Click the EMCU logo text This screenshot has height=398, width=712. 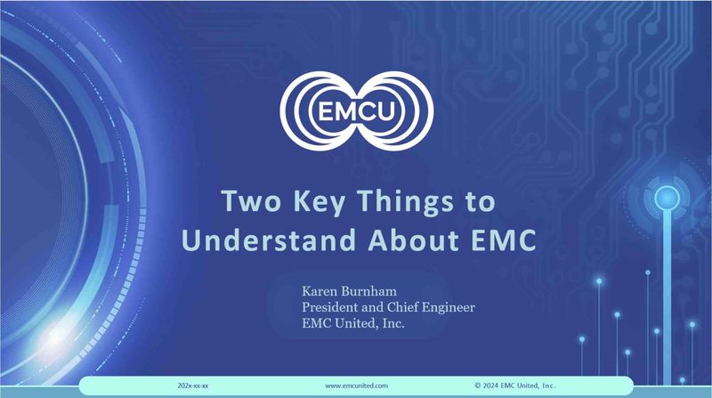[357, 111]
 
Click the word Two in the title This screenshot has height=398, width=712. [251, 201]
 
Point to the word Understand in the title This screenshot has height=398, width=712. [269, 240]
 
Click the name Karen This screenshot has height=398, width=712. [317, 291]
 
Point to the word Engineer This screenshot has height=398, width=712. [449, 308]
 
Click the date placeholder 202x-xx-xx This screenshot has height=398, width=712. [193, 386]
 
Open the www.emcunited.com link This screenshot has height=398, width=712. [357, 386]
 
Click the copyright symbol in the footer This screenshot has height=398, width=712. [478, 386]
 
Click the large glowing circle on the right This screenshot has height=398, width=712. [667, 199]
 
